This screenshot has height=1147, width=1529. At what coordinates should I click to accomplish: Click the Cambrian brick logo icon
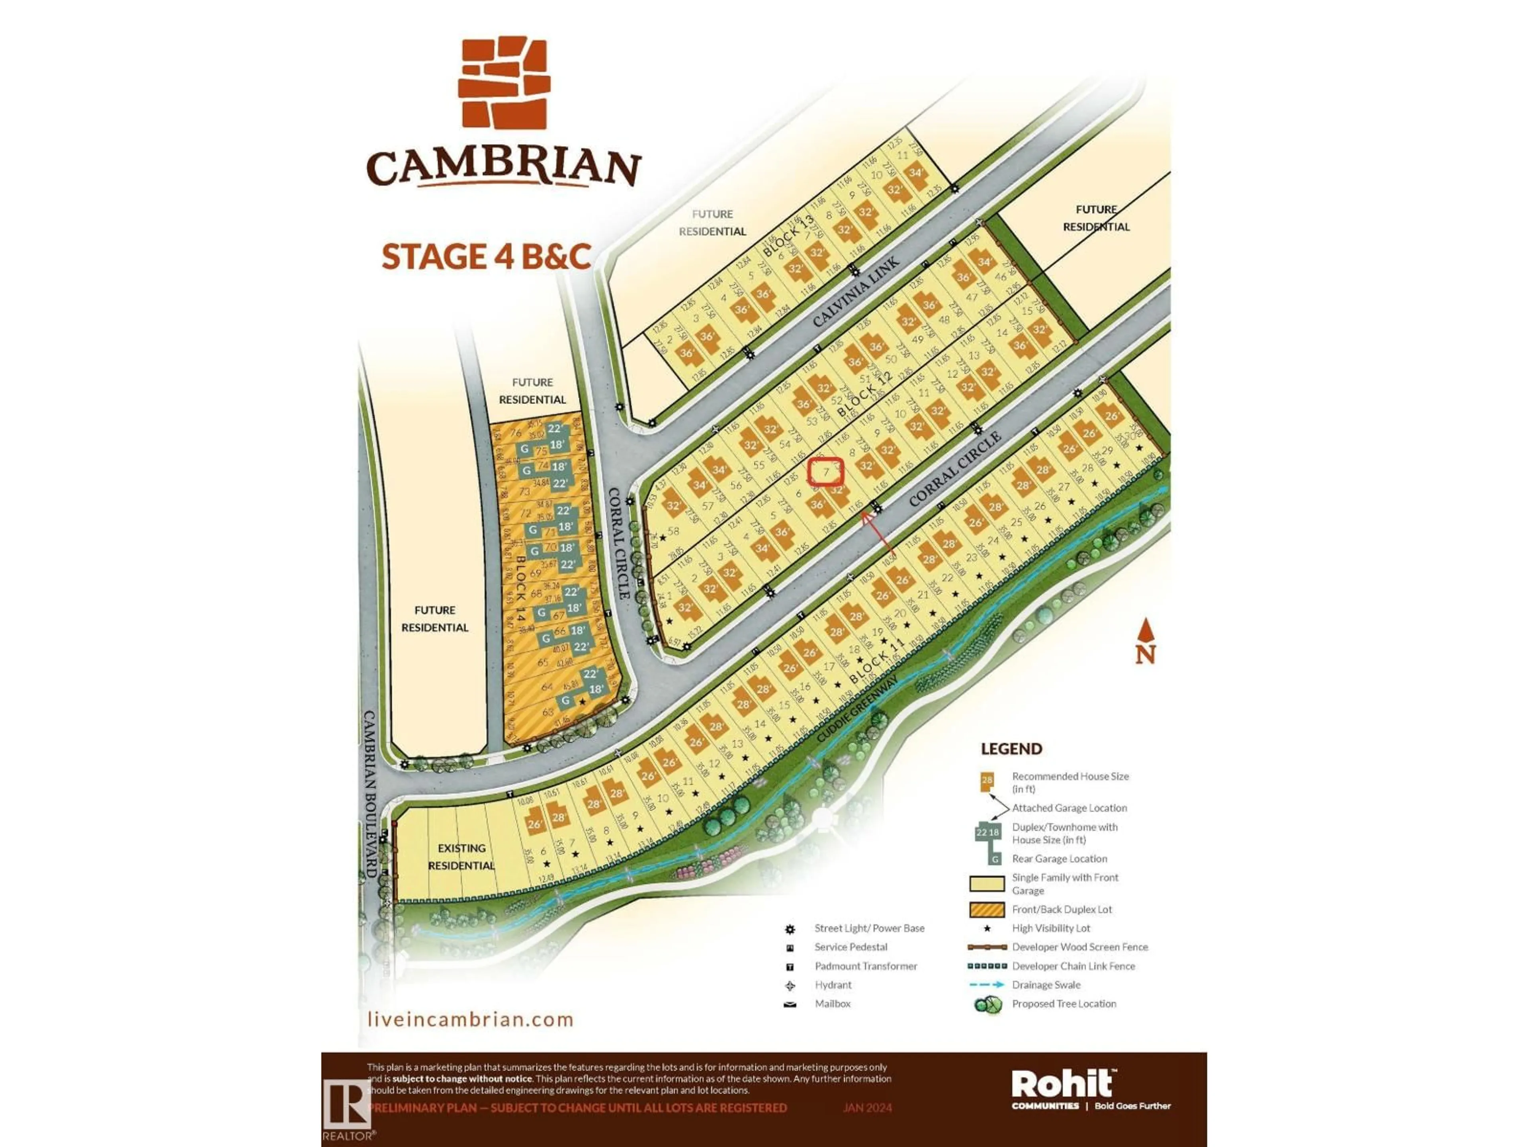tap(504, 82)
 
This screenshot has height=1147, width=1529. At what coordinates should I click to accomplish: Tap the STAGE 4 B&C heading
tap(486, 256)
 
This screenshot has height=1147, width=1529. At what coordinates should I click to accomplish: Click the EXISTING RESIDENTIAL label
tap(461, 857)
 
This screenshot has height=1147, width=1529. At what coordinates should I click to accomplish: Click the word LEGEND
tap(1011, 749)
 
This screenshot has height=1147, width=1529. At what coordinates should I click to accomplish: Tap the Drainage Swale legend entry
tap(1046, 985)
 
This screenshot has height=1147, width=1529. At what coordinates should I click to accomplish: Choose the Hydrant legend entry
tap(833, 985)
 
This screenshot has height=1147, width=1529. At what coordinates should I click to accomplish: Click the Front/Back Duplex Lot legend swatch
tap(987, 909)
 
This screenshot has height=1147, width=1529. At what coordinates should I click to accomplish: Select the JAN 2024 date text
tap(868, 1108)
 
